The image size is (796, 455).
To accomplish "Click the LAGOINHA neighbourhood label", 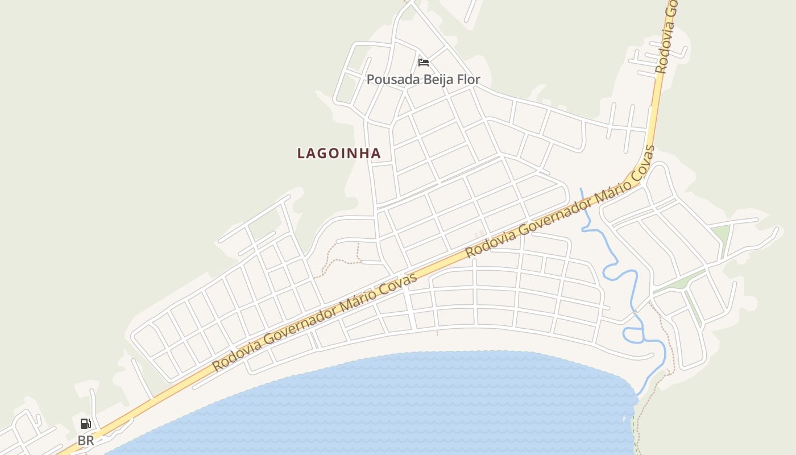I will pos(339,153).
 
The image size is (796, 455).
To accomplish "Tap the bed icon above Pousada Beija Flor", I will pos(423,62).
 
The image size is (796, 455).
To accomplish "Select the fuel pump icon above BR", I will pos(85,423).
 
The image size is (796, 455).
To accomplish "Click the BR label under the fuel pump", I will pos(86,440).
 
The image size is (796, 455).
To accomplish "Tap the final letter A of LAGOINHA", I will pos(376,154).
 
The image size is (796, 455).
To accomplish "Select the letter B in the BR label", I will pos(82,440).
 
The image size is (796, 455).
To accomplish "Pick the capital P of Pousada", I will pos(370,80).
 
